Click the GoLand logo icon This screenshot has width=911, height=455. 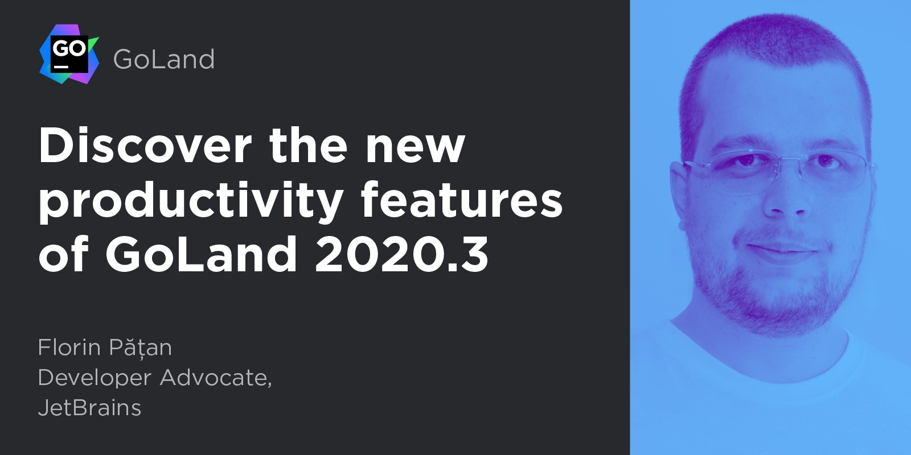[69, 54]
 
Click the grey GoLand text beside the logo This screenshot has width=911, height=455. [164, 59]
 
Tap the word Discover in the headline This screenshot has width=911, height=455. [145, 146]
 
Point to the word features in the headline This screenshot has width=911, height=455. [462, 199]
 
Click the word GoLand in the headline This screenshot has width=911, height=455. [202, 254]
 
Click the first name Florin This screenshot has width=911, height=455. [69, 348]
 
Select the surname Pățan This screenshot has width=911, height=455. [141, 348]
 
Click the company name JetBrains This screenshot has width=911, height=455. [89, 407]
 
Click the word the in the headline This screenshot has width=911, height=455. [308, 146]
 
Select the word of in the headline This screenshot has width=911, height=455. [64, 254]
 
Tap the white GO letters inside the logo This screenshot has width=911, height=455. [69, 48]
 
